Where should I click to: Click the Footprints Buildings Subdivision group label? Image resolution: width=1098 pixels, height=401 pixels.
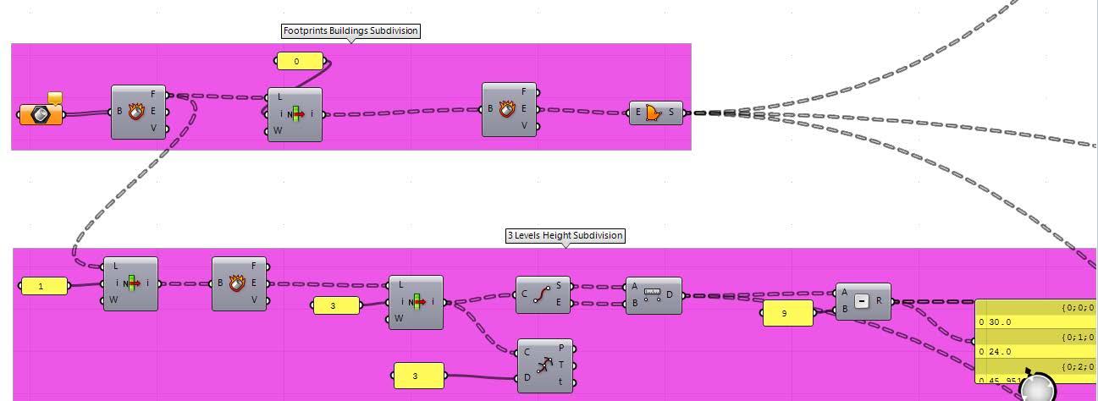(x=350, y=31)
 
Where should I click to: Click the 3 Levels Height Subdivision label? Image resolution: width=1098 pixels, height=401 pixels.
(x=566, y=236)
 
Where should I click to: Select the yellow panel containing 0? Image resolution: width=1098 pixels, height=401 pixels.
(x=299, y=62)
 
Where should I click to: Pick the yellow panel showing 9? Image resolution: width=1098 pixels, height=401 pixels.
(x=786, y=313)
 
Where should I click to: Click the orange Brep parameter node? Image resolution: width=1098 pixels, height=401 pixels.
(x=41, y=114)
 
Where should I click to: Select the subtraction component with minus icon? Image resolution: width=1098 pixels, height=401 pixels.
(x=862, y=301)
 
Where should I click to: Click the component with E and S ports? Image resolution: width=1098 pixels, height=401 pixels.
(x=655, y=113)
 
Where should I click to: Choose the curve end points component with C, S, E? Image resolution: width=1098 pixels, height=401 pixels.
(x=543, y=294)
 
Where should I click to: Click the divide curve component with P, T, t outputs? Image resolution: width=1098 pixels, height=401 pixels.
(x=544, y=365)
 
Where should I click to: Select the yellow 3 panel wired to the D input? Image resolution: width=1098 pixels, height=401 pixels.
(x=419, y=376)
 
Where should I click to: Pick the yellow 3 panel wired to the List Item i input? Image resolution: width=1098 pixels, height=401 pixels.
(x=336, y=305)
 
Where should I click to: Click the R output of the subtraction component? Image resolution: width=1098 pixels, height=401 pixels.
(x=880, y=300)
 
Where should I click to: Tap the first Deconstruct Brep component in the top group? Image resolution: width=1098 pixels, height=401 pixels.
(x=138, y=112)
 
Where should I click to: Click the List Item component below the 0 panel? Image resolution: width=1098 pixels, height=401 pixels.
(x=295, y=114)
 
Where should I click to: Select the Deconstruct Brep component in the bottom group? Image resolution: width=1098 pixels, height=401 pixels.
(x=239, y=283)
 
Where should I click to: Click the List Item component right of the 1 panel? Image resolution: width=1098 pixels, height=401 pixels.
(x=130, y=283)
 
